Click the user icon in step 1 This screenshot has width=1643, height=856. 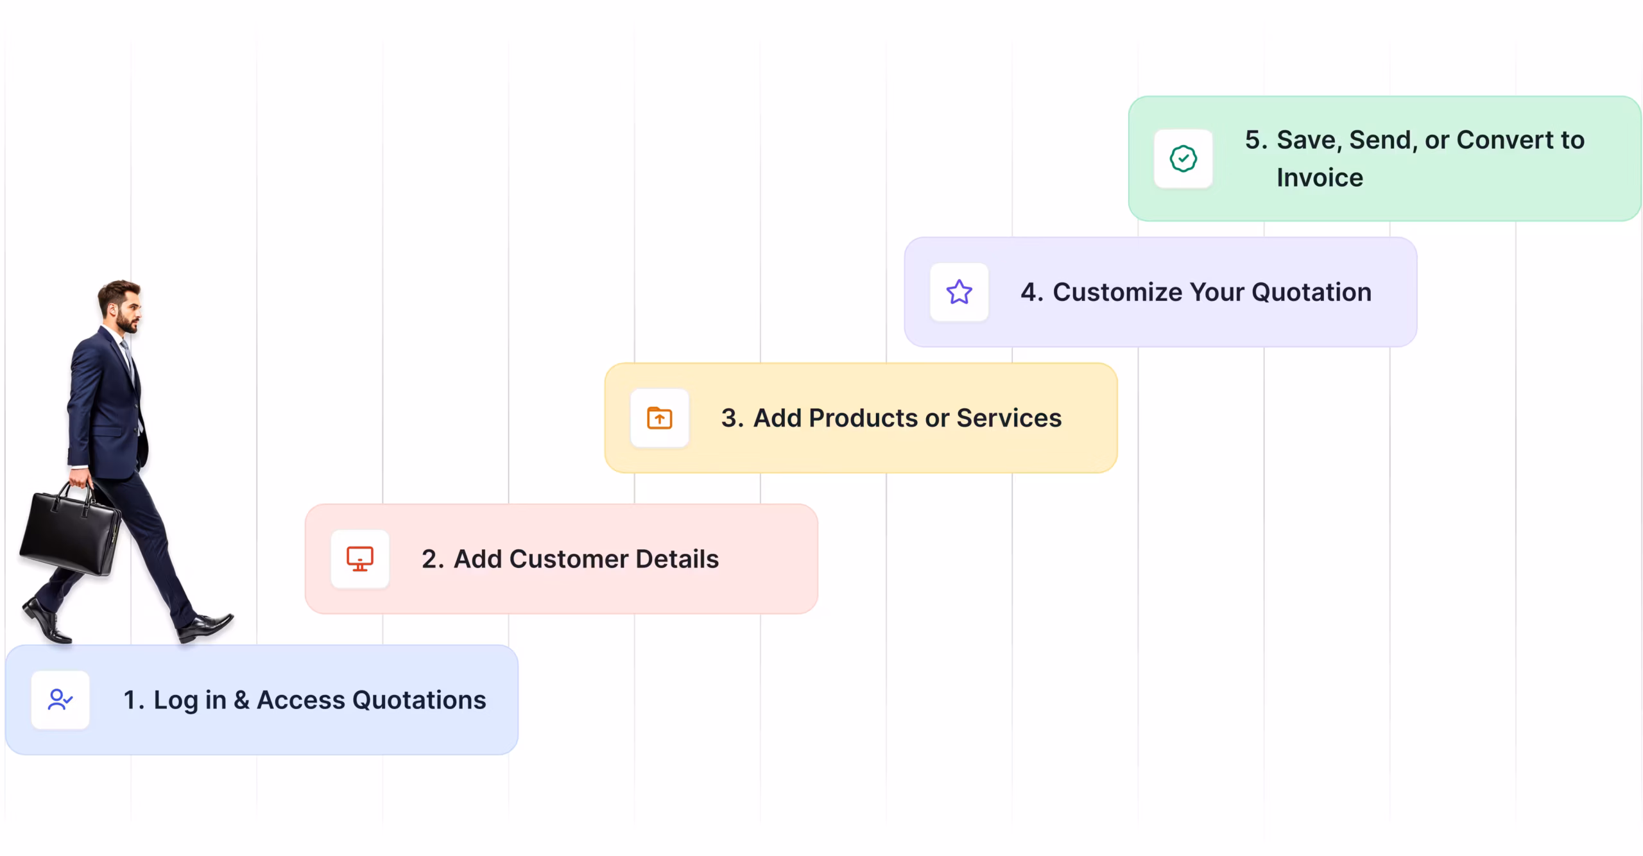[60, 699]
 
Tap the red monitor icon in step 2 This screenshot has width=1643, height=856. [360, 559]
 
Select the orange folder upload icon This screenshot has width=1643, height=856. [660, 418]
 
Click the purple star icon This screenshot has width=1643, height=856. [959, 292]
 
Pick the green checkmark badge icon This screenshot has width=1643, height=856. [1183, 158]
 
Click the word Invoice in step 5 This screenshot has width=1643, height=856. [1320, 177]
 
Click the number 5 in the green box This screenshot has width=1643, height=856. [1253, 140]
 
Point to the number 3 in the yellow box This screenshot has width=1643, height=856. [728, 418]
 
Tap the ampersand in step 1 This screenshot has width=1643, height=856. [242, 699]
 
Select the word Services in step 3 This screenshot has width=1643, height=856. [1009, 418]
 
